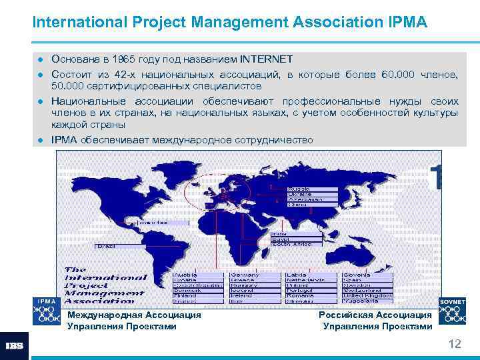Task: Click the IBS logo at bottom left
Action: tap(15, 345)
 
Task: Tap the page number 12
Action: tap(455, 344)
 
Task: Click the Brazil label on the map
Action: tap(106, 246)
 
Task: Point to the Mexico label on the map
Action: tap(153, 221)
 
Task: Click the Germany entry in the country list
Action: tap(245, 275)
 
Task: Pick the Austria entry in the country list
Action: tap(186, 275)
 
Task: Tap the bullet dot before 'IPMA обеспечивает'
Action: tap(41, 140)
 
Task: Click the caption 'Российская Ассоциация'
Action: tap(375, 315)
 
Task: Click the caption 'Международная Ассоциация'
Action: tap(134, 315)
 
